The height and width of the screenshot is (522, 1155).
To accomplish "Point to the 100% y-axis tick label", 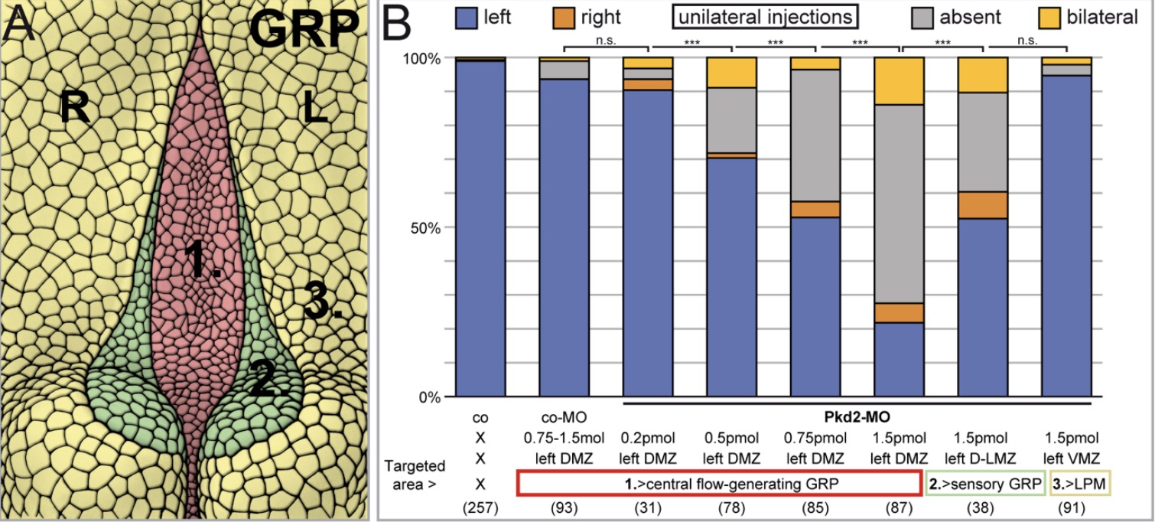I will point(420,58).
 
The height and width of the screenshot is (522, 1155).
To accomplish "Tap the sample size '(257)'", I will point(480,505).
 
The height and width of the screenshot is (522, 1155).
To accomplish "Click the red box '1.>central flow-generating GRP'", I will point(719,483).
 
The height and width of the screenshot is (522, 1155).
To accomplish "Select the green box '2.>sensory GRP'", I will point(985,483).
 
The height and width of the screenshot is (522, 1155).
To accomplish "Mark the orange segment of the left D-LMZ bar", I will point(984,205).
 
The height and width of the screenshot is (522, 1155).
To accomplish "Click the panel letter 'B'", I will point(403,26).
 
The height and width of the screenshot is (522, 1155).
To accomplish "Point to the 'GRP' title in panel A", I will point(304,32).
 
